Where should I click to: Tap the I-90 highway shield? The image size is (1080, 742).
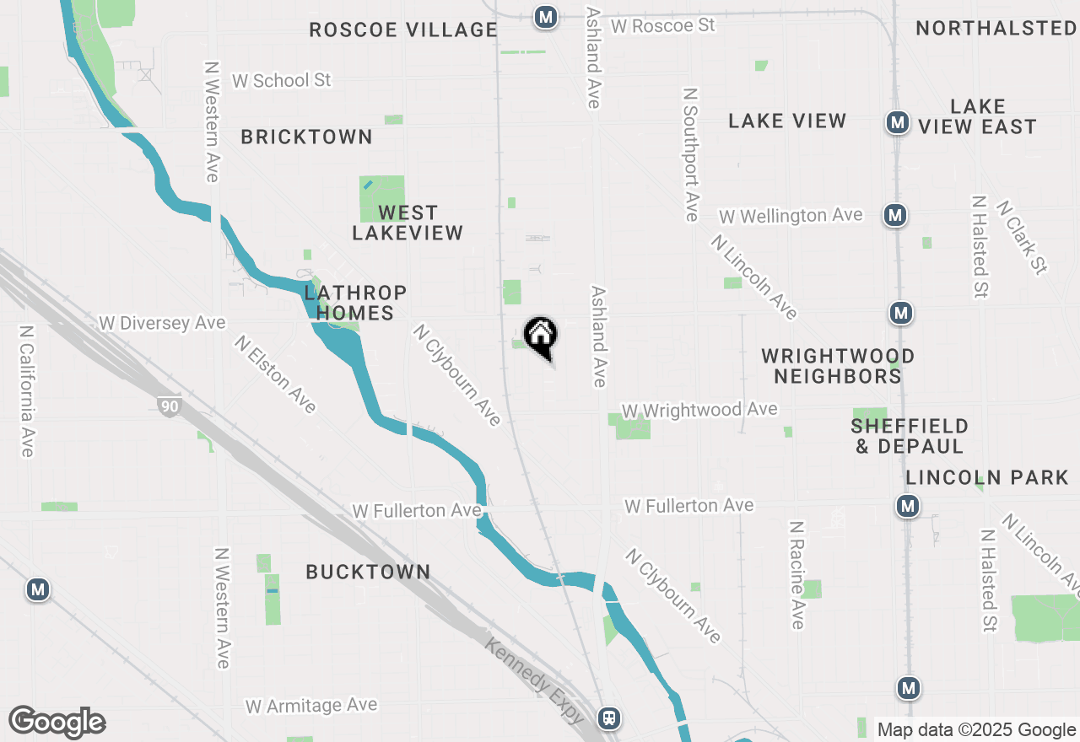[x=169, y=406]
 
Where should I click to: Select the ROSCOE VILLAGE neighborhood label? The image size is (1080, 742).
[x=402, y=30]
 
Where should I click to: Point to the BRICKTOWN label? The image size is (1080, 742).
[x=306, y=137]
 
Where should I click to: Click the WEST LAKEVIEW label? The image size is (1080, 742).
[x=408, y=223]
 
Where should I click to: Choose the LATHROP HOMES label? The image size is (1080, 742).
[x=355, y=303]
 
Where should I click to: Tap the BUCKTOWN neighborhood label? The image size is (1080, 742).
[x=368, y=572]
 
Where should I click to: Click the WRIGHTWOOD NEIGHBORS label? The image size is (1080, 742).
[x=838, y=366]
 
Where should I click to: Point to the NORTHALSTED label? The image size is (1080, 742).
[x=996, y=29]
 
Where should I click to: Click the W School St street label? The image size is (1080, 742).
[x=282, y=80]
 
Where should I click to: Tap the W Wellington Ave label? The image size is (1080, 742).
[x=791, y=216]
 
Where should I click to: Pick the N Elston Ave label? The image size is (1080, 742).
[x=276, y=374]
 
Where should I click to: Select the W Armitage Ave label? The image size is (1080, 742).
[x=311, y=705]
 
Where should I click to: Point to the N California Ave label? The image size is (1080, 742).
[x=27, y=392]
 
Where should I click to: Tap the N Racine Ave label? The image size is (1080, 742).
[x=796, y=574]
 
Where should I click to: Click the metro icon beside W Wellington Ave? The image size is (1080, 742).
[x=895, y=216]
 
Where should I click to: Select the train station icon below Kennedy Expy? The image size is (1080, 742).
[x=608, y=718]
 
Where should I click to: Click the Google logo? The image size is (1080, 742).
[x=57, y=723]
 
